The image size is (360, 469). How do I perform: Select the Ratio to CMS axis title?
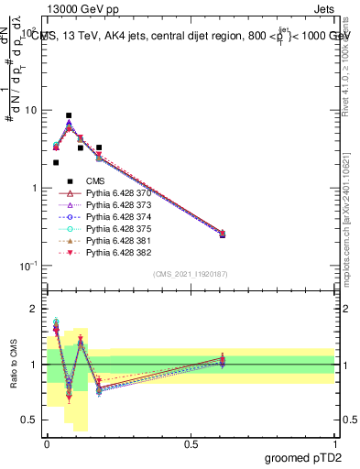click(x=13, y=363)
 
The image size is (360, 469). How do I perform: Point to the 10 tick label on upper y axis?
click(x=32, y=110)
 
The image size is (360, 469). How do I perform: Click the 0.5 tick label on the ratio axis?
click(x=30, y=420)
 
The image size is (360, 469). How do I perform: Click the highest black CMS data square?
click(x=69, y=115)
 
